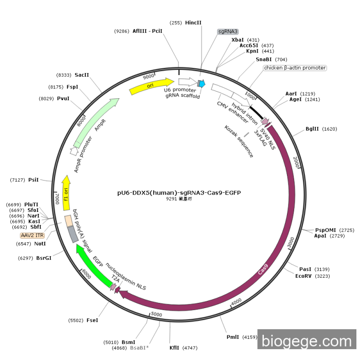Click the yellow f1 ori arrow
(x=65, y=193)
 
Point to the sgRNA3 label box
(x=231, y=31)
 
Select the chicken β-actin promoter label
(x=295, y=68)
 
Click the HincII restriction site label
(x=193, y=23)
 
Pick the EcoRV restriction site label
(x=303, y=276)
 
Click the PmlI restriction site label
(x=233, y=337)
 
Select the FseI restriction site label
(x=92, y=320)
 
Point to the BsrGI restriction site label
(x=44, y=258)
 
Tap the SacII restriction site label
(x=82, y=75)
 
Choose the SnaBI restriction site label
(x=264, y=59)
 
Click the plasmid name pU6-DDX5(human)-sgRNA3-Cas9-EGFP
(x=179, y=193)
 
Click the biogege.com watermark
(x=307, y=341)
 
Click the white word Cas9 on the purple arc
(x=263, y=269)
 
